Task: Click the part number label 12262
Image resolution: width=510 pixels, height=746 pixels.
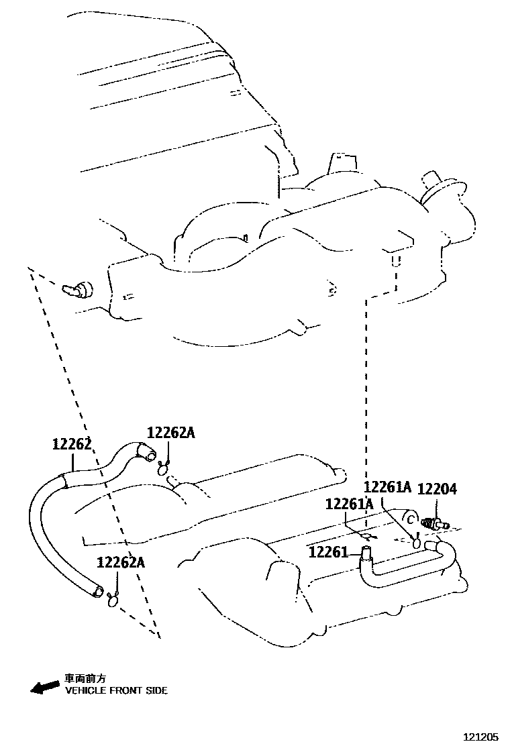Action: pos(71,445)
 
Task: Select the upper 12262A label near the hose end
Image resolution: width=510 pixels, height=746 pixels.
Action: pos(170,433)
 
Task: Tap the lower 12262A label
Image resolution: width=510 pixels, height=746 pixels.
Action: pos(120,562)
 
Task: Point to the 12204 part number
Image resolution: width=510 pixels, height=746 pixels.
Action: pos(437,490)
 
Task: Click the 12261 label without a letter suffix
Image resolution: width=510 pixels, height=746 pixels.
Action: pos(329,552)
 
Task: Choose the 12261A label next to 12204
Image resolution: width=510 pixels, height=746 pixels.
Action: pos(387,488)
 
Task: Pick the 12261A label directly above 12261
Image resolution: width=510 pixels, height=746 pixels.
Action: pos(349,504)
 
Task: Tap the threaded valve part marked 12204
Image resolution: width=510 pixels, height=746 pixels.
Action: pos(433,524)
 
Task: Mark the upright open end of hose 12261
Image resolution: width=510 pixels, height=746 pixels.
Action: pos(366,552)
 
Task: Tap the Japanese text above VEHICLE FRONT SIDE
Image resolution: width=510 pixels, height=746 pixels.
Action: pos(85,678)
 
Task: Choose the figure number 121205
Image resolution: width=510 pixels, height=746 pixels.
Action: pos(481,737)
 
